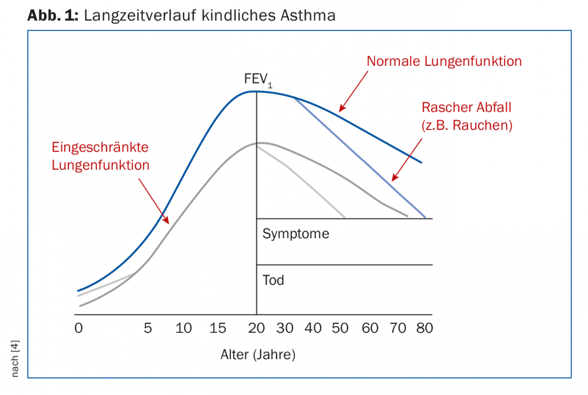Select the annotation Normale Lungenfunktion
[x=444, y=61]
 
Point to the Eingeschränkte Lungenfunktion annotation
[x=100, y=156]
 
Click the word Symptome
[x=296, y=234]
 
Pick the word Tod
[x=273, y=280]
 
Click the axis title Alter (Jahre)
[x=258, y=354]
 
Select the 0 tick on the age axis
[x=79, y=328]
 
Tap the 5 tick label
[x=148, y=328]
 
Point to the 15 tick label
[x=218, y=328]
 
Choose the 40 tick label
[x=314, y=328]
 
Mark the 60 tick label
[x=370, y=328]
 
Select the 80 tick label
[x=424, y=328]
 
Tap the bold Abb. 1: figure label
[x=53, y=15]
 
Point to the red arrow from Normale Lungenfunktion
[x=353, y=89]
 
